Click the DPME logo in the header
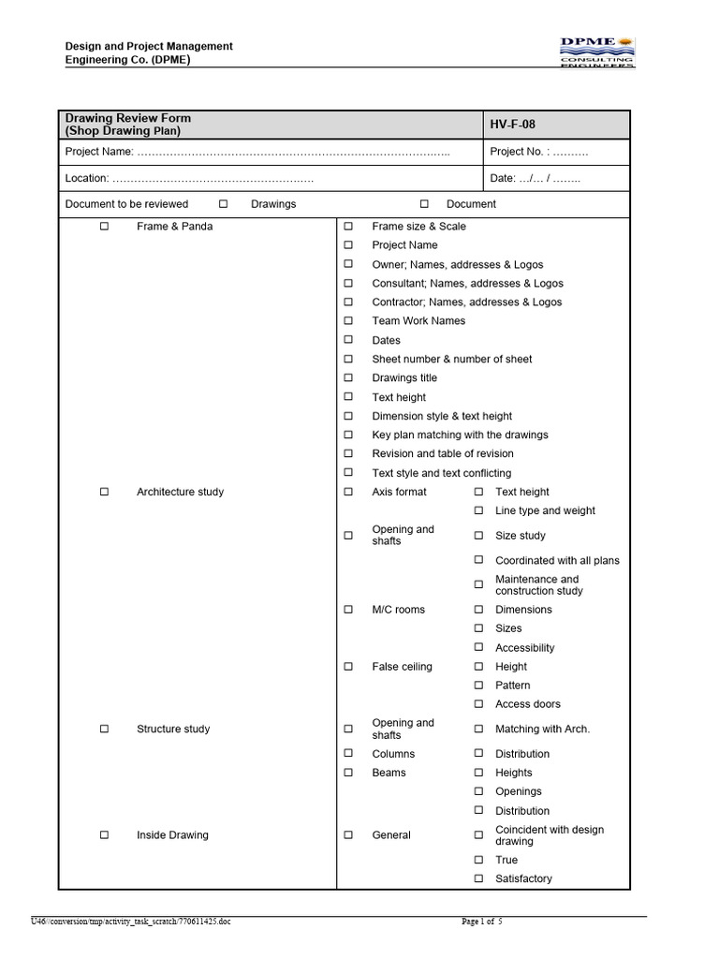596,52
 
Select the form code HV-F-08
513,125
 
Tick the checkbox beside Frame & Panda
105,227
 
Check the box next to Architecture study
105,492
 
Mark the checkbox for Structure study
105,729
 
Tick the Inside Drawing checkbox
105,834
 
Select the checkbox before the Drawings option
223,204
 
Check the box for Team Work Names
348,321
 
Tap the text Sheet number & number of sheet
452,359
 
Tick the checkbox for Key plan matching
348,435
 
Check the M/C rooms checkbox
348,610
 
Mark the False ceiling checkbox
348,667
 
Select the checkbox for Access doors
477,704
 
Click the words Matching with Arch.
542,729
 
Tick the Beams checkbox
348,773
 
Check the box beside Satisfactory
477,878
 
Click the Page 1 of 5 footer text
482,922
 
